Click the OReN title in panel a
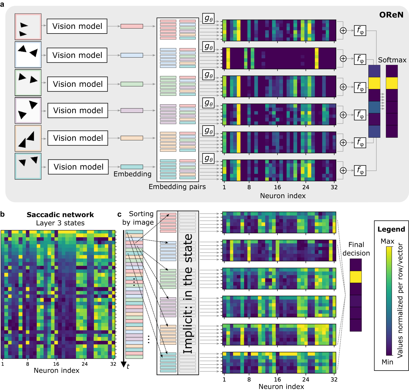coord(391,15)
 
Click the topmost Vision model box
coord(77,26)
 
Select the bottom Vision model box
coord(78,167)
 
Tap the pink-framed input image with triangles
coord(28,27)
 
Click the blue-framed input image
coord(28,54)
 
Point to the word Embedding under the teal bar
coord(132,174)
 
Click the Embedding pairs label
coord(177,187)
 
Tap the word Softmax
coord(392,60)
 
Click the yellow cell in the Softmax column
coord(392,83)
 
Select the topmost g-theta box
coord(208,18)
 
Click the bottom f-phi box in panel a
coord(360,170)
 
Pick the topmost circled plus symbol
coord(343,31)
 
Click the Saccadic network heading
coord(60,215)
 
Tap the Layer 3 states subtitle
coord(60,223)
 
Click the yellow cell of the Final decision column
coord(356,277)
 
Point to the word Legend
coord(391,229)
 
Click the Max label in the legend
coord(387,241)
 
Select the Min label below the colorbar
coord(387,362)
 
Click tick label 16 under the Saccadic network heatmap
coord(56,364)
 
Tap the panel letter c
coord(119,214)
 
